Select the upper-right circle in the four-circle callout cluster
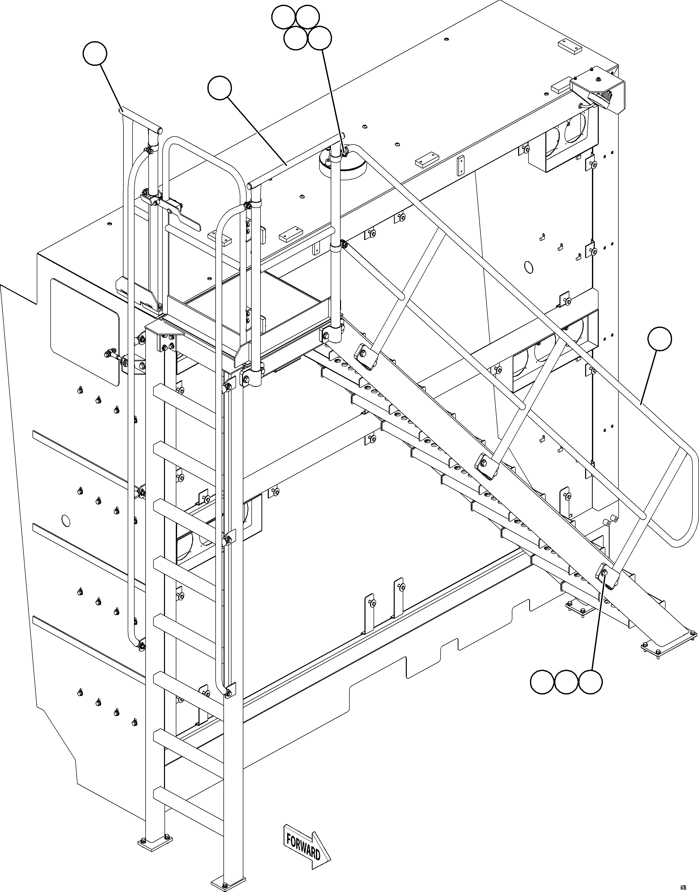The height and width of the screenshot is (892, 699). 307,17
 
